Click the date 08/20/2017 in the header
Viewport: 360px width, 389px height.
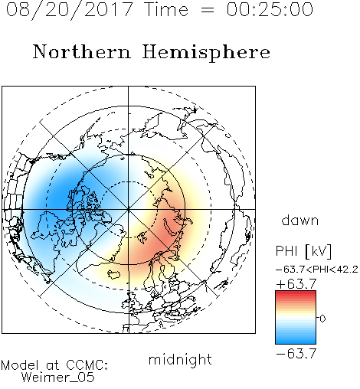69,10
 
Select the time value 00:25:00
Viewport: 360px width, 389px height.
270,9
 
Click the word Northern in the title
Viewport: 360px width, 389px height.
82,52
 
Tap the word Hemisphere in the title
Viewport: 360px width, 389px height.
206,53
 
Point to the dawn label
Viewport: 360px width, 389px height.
300,220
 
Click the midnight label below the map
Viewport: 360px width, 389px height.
180,359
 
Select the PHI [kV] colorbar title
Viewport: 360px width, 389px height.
303,251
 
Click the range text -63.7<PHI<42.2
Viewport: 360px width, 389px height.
317,270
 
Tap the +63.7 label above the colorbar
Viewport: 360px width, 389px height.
296,284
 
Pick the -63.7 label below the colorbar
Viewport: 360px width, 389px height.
296,353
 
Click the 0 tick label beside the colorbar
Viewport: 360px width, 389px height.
322,319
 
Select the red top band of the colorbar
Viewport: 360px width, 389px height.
296,293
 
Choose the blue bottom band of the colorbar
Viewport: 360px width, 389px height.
296,342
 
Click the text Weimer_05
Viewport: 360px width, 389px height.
57,378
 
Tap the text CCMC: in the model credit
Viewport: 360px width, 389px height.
87,365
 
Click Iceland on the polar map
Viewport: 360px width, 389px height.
113,274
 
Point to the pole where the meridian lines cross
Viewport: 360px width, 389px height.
128,210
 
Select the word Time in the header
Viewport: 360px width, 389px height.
166,9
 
